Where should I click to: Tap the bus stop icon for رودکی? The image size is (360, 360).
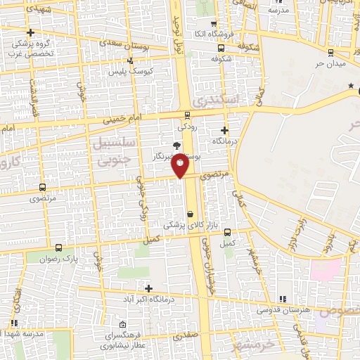pos(187,115)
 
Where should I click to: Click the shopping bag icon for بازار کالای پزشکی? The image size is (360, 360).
pos(190,214)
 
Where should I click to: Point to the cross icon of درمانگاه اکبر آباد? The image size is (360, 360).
pos(148,288)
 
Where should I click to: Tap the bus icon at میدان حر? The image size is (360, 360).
pos(330,52)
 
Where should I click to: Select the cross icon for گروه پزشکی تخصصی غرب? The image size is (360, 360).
pos(30,32)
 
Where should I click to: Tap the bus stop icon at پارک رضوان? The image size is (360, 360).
pos(58,247)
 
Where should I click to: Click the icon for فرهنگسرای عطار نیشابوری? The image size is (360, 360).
pos(124,325)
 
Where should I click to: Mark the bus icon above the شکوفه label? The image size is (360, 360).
pos(221,49)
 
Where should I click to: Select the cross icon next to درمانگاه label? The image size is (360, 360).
pos(224,130)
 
